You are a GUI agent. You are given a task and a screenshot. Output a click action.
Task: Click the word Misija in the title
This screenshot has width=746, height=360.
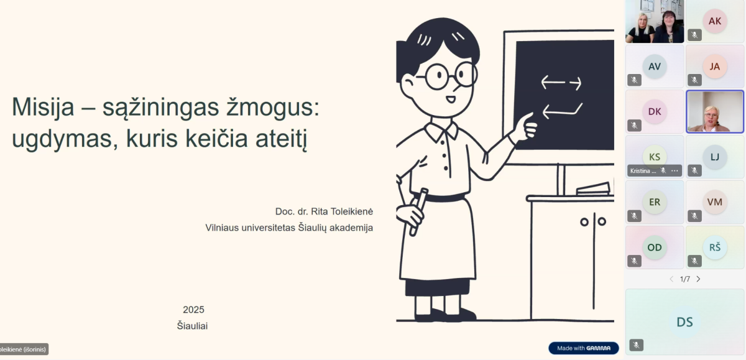click(x=43, y=108)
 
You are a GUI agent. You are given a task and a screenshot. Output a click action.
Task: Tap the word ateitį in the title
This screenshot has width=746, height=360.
click(x=281, y=139)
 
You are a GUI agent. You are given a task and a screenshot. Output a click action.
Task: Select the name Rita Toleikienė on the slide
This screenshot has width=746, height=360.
click(x=342, y=211)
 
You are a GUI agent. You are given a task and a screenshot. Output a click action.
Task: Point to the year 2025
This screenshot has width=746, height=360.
click(x=193, y=310)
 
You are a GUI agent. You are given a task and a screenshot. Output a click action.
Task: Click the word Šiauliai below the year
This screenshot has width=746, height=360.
click(x=192, y=326)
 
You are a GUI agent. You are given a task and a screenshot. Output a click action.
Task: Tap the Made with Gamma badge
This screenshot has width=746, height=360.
click(x=584, y=348)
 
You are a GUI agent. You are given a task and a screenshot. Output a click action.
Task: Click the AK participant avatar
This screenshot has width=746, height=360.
click(x=715, y=21)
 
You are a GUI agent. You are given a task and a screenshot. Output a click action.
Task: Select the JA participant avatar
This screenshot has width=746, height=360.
click(x=715, y=67)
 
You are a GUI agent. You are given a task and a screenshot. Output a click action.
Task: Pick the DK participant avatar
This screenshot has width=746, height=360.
click(x=655, y=111)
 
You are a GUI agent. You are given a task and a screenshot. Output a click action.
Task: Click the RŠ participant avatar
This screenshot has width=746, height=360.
click(x=715, y=247)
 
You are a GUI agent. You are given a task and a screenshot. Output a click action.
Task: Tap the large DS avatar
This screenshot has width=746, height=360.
click(x=684, y=322)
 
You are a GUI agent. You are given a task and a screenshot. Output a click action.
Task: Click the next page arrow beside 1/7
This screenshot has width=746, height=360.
click(x=698, y=279)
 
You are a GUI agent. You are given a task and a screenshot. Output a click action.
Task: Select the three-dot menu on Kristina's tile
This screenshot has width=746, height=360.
click(x=675, y=171)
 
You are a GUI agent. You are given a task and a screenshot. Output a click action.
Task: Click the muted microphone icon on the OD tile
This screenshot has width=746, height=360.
click(x=634, y=261)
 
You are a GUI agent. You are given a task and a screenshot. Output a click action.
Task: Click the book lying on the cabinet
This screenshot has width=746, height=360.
click(x=594, y=189)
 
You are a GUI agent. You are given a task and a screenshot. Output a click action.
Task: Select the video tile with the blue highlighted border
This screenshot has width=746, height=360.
click(x=715, y=111)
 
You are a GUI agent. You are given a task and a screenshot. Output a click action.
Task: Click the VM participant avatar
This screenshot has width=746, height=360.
click(x=715, y=202)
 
